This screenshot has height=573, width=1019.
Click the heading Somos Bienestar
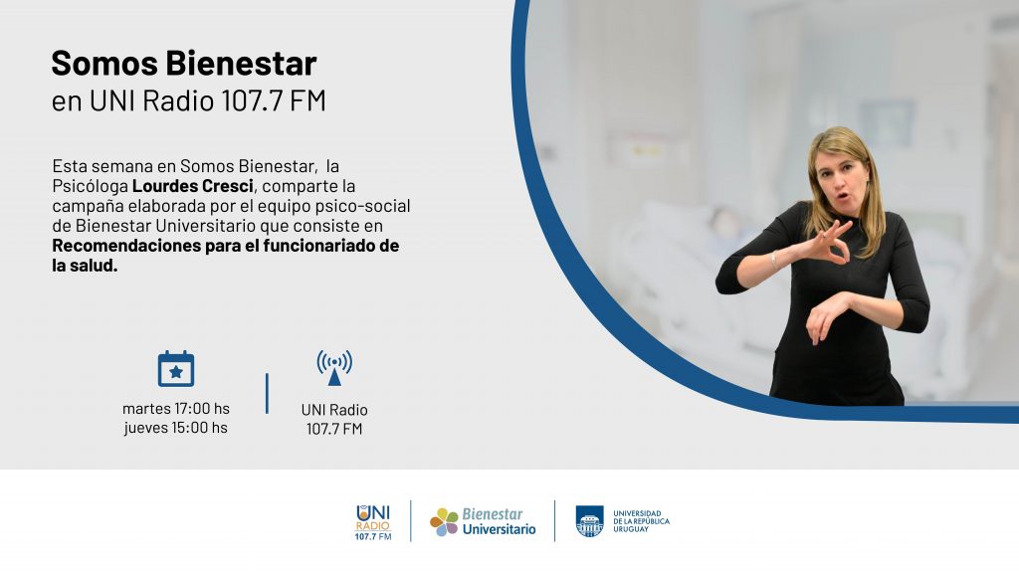(184, 63)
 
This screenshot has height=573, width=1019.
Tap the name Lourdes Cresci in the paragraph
(192, 186)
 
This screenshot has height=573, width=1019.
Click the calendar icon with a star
(176, 369)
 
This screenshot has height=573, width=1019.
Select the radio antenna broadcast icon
(334, 368)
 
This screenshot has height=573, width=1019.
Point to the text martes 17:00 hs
(176, 409)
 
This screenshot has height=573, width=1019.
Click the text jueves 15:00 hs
(176, 428)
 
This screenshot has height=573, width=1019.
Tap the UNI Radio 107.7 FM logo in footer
(374, 522)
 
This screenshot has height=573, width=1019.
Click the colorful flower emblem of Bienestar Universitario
(445, 521)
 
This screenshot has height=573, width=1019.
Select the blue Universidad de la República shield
(589, 521)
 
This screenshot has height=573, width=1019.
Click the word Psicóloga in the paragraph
(91, 186)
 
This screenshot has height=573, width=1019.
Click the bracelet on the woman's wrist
(774, 261)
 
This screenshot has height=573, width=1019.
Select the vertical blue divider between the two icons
(267, 393)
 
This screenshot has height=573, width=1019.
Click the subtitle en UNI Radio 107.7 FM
(188, 100)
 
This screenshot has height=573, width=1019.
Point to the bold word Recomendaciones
(126, 246)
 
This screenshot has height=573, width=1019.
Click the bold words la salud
(86, 266)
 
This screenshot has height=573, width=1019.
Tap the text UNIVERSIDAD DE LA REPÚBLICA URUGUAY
(641, 521)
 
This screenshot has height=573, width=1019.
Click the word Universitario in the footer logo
(500, 529)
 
